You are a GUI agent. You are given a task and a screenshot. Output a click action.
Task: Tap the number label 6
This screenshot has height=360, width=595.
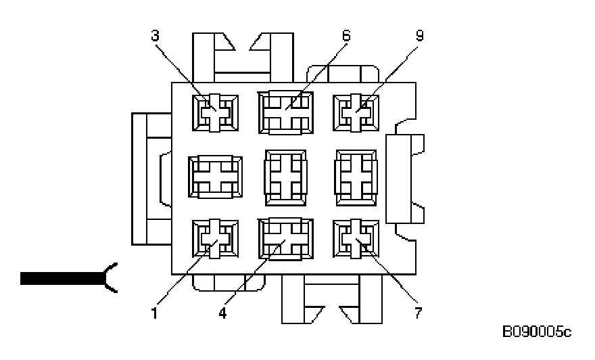(x=347, y=35)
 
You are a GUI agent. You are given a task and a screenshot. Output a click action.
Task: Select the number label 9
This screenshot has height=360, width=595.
(x=420, y=35)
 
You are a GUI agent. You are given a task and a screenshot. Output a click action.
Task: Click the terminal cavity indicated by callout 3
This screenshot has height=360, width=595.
(x=215, y=112)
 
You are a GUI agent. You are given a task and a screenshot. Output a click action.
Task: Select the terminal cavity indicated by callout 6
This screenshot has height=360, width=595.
(x=285, y=112)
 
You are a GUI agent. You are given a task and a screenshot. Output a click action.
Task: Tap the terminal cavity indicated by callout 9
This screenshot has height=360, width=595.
(x=356, y=112)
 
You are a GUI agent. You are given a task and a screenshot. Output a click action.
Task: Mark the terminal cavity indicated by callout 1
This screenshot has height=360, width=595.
(x=215, y=240)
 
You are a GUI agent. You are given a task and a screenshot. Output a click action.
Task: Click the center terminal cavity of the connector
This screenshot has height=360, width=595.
(x=285, y=176)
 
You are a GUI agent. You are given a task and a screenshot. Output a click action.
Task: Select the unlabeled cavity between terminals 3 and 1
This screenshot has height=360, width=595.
(x=215, y=176)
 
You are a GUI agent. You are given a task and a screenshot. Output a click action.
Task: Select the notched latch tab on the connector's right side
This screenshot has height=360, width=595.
(x=404, y=178)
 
